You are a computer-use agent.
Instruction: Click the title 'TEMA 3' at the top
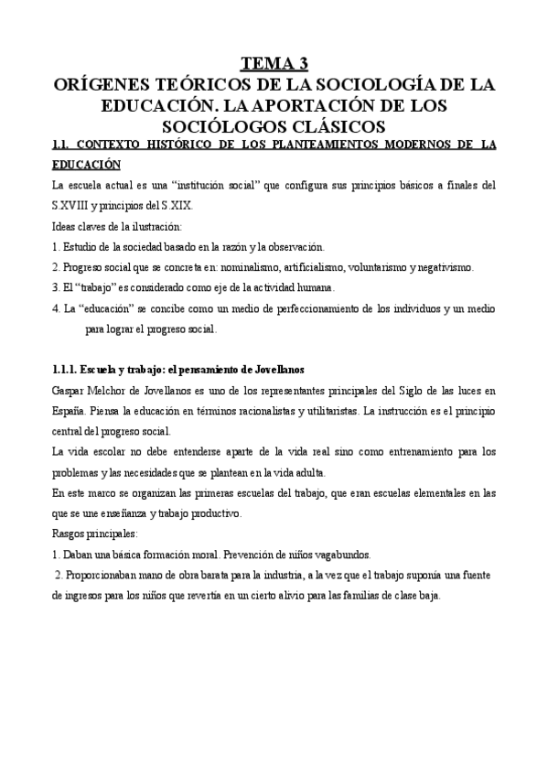tap(274, 63)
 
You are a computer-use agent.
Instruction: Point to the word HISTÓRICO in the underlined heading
tap(170, 145)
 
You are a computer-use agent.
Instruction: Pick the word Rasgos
tap(70, 533)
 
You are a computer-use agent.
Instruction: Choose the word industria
tap(259, 576)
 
